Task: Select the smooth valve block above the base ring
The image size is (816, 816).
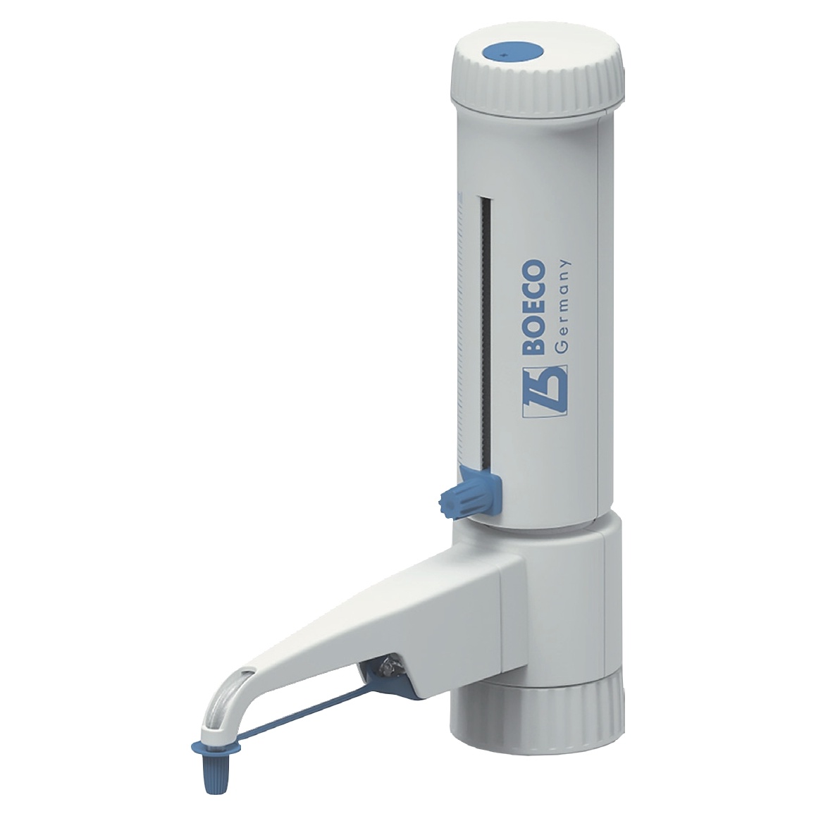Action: [x=564, y=599]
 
